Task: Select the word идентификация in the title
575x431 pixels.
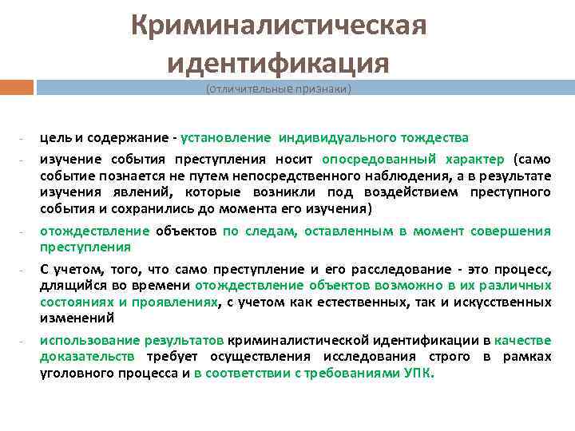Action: click(x=279, y=61)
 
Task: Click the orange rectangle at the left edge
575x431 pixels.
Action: click(x=17, y=86)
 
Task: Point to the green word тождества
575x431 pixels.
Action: click(x=438, y=138)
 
